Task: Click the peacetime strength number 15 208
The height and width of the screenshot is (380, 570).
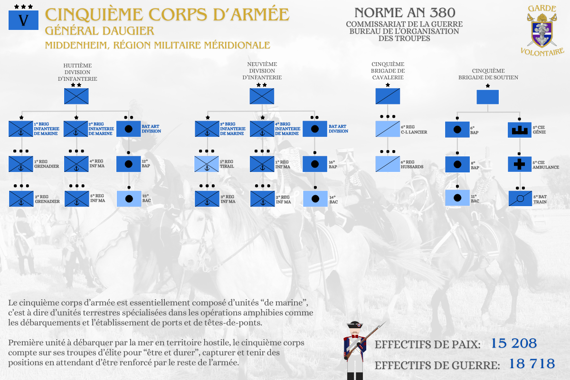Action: [513, 343]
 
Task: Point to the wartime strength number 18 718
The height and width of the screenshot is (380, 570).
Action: [532, 364]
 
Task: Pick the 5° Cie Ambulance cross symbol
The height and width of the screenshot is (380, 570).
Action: [519, 164]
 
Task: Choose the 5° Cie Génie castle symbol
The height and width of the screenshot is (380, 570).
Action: [519, 129]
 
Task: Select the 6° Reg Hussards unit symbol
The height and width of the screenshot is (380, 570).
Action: [388, 164]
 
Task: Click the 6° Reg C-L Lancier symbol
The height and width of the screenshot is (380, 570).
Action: [388, 129]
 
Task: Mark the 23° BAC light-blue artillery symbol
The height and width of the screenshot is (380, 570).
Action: [128, 199]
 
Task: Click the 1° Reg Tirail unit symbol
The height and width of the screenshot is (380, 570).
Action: [207, 164]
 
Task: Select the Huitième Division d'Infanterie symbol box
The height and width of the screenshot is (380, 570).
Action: [76, 96]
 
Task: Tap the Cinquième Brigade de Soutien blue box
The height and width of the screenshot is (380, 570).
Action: [488, 97]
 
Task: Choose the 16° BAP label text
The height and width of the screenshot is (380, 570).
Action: [333, 164]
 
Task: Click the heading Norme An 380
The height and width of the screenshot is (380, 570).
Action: [405, 13]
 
